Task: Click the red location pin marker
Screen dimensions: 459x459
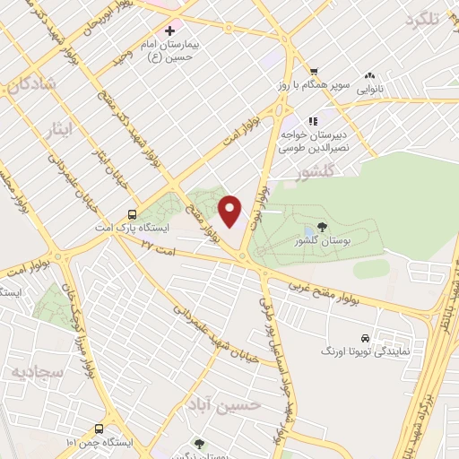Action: pos(230,212)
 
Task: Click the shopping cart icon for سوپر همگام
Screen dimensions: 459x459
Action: pos(313,72)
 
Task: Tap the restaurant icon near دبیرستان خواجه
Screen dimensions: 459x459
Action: pos(312,120)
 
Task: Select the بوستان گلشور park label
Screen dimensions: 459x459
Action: pos(322,241)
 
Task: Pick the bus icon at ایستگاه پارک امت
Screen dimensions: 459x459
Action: pos(132,214)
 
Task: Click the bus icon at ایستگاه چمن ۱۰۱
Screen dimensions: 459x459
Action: pos(100,429)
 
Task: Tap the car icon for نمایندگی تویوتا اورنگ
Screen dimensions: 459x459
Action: pos(364,338)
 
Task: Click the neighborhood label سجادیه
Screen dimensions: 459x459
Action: pos(33,370)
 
